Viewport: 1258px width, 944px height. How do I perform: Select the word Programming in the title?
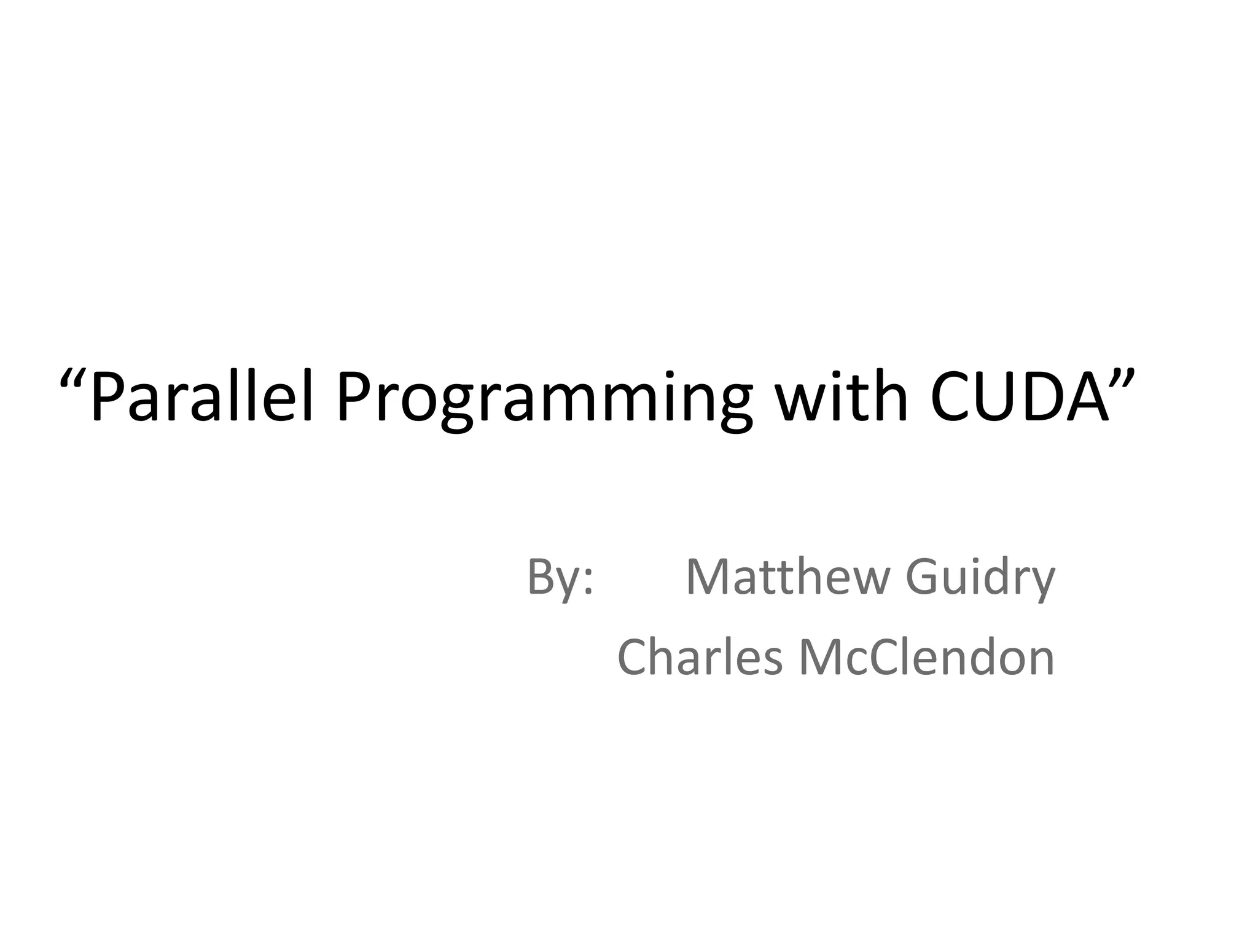544,399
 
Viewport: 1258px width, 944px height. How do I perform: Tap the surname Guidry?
980,578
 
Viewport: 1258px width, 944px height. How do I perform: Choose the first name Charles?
700,657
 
